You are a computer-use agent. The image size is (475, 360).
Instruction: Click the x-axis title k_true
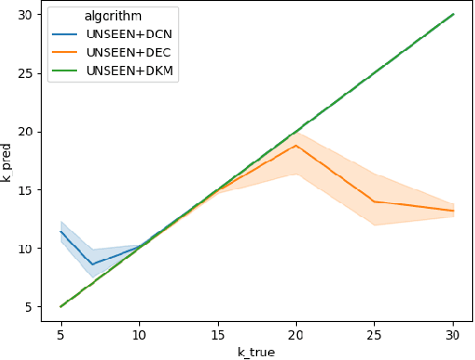click(x=257, y=352)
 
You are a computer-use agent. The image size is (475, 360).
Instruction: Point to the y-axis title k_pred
click(x=7, y=162)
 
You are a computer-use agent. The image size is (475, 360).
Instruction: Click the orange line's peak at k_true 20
click(x=296, y=145)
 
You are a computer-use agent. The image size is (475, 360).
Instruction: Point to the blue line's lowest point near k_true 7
click(x=92, y=264)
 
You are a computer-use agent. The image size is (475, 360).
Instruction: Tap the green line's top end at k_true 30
click(x=453, y=15)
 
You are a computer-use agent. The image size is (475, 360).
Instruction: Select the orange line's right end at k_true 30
click(x=453, y=211)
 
